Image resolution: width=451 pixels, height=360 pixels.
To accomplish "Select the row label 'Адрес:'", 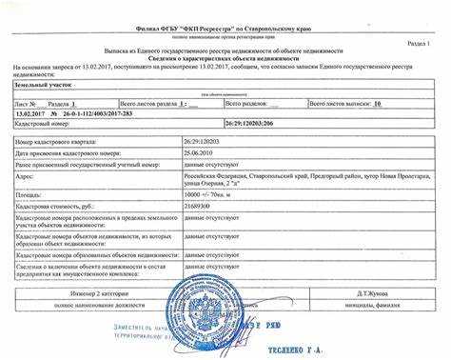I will point(27,176).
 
